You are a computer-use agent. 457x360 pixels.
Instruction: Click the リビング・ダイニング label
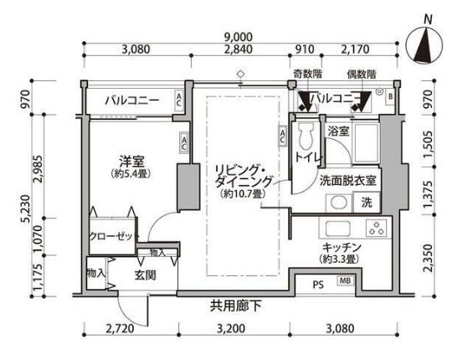click(244, 175)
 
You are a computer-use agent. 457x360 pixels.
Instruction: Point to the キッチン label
click(341, 248)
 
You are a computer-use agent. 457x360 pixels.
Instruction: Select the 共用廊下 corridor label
click(237, 306)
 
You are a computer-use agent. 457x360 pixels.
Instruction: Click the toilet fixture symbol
click(306, 135)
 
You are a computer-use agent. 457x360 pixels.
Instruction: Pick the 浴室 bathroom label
click(338, 131)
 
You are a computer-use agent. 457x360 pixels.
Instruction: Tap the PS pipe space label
click(318, 284)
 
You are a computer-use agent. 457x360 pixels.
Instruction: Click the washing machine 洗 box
click(367, 202)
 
